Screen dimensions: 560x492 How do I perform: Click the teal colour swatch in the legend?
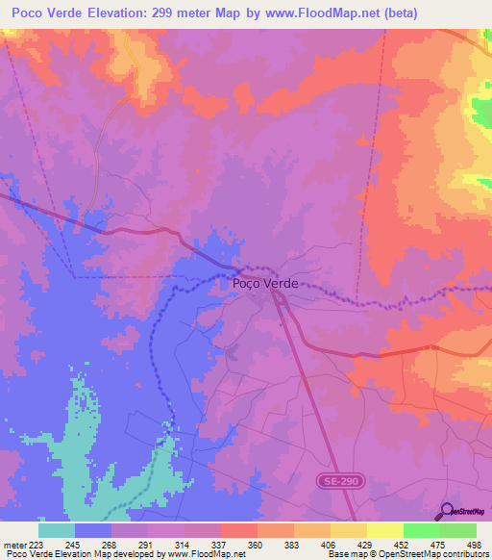[57, 530]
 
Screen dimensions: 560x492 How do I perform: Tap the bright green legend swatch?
[422, 530]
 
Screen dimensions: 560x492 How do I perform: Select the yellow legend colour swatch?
[385, 530]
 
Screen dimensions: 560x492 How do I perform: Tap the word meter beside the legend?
[14, 545]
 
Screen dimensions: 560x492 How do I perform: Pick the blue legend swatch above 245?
[93, 530]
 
